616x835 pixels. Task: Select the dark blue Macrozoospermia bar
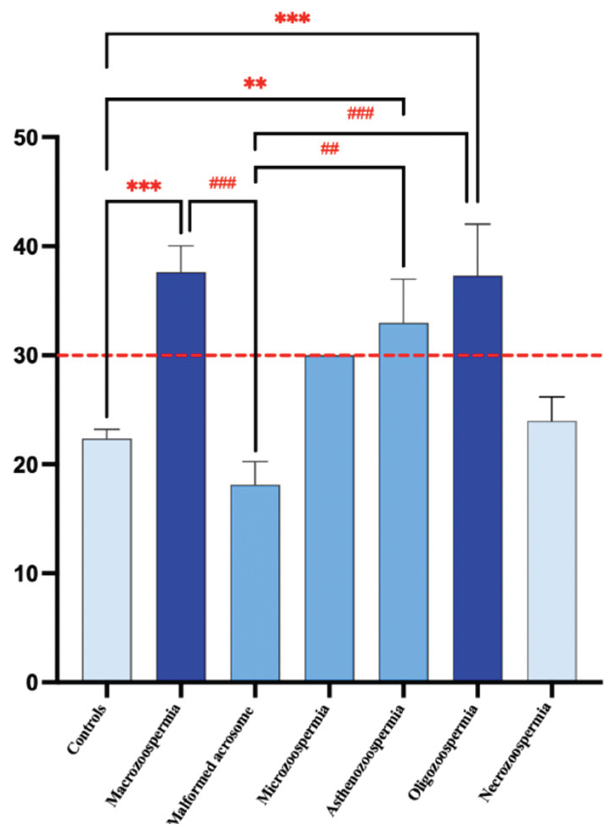pyautogui.click(x=181, y=476)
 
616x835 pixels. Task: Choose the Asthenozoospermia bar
pyautogui.click(x=403, y=502)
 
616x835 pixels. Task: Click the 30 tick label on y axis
pyautogui.click(x=26, y=356)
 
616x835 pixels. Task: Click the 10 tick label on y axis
pyautogui.click(x=26, y=573)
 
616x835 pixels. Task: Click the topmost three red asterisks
pyautogui.click(x=292, y=19)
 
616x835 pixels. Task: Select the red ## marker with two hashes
pyautogui.click(x=329, y=149)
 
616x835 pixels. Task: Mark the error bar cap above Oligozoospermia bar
pyautogui.click(x=477, y=224)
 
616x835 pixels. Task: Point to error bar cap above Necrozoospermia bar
pyautogui.click(x=552, y=397)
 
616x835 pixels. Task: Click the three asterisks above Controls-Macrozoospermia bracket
pyautogui.click(x=144, y=186)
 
